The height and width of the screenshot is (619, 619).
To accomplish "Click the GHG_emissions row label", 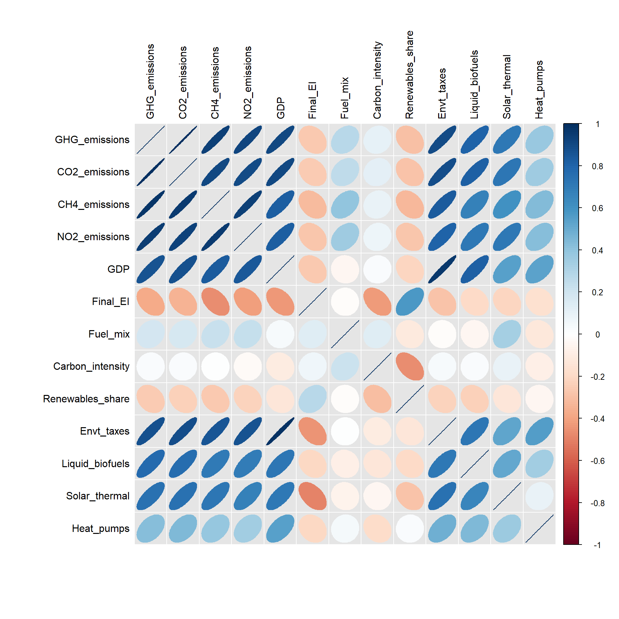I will tap(92, 140).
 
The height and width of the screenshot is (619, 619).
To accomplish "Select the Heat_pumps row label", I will tap(100, 528).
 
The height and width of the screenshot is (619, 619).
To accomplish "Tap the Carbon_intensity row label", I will tap(91, 366).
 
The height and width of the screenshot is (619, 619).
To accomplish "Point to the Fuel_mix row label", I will tap(109, 334).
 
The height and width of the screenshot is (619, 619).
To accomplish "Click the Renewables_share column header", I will tap(409, 75).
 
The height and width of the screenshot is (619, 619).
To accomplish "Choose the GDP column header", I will tap(280, 108).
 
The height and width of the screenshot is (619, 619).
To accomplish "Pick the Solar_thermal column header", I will tap(507, 87).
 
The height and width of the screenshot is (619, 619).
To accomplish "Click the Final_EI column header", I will tap(312, 100).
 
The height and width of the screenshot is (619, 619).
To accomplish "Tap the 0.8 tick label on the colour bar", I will tap(597, 166).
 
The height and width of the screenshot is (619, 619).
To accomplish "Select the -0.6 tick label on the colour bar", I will tap(597, 461).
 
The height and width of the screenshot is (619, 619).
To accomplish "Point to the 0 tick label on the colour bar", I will tap(597, 335).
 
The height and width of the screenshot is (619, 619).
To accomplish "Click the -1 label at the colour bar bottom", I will tap(597, 545).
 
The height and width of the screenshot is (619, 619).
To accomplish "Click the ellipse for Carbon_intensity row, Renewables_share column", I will tap(410, 366).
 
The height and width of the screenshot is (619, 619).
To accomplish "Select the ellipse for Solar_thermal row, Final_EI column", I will tap(312, 496).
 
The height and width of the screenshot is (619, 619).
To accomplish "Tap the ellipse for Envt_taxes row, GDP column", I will tap(280, 431).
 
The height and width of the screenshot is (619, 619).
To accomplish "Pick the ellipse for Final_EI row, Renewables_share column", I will tap(410, 301).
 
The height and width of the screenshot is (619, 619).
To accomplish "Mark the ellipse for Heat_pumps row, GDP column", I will tap(280, 528).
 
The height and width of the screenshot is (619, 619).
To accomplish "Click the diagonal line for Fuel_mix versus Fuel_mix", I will tap(345, 334).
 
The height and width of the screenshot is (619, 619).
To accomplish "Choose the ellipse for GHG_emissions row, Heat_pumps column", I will tap(539, 140).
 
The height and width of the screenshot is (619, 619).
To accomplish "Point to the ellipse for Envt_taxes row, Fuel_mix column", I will tap(345, 431).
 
